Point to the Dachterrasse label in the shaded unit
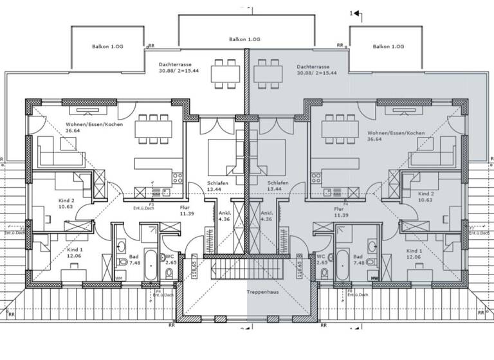tap(313, 66)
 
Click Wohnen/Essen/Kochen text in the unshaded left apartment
tap(91, 125)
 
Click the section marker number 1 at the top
tap(351, 12)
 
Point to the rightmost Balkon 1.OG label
tap(388, 47)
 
